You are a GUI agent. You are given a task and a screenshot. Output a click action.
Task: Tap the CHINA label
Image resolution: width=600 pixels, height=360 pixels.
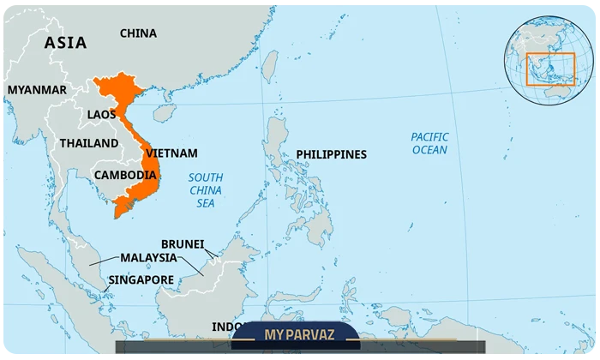(138, 33)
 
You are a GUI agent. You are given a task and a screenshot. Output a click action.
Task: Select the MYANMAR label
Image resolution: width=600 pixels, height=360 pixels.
(37, 89)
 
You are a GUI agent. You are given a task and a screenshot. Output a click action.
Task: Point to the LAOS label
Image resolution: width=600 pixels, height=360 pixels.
(101, 114)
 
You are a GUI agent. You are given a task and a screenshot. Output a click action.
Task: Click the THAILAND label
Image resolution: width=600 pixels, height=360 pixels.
(89, 143)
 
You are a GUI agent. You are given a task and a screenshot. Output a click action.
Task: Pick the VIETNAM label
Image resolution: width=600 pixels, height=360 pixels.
(171, 153)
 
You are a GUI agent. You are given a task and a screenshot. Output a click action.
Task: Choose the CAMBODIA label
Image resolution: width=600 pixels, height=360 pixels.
(125, 175)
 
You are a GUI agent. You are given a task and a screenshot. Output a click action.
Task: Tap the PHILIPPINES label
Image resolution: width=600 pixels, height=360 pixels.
(331, 154)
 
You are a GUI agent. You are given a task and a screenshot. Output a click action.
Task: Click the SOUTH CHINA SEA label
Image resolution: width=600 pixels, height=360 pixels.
(205, 190)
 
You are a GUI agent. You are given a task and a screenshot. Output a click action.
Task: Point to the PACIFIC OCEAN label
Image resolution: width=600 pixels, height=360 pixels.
(429, 143)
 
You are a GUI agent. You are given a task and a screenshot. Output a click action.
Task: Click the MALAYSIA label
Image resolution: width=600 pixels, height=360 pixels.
(148, 257)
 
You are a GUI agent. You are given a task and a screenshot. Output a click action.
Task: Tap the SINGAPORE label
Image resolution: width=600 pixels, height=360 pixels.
(141, 279)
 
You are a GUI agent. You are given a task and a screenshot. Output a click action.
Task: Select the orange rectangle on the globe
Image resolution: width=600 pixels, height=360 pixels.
(549, 69)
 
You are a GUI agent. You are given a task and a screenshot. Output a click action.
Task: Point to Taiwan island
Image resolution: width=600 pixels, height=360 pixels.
(269, 63)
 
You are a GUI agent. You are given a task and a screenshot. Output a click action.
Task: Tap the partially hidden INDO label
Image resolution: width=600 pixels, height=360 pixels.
(226, 327)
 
